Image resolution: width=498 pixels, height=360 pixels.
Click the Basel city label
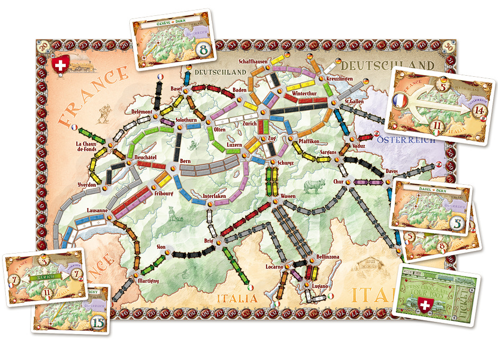176,88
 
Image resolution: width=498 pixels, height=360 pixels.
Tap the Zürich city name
250,124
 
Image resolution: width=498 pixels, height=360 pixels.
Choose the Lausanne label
97,210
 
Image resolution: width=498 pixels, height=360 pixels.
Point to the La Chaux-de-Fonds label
87,147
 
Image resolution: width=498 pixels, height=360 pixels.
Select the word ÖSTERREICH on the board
405,140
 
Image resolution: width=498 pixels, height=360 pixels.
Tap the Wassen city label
288,196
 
